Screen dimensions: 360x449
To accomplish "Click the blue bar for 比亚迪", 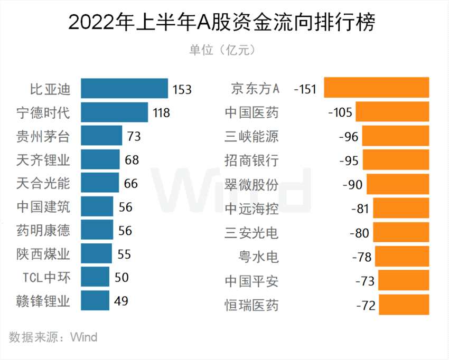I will tap(125, 88).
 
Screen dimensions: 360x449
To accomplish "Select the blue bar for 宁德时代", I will tap(115, 112).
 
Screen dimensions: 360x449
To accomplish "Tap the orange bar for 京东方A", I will tap(377, 88).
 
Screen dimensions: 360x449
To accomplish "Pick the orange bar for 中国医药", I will tap(392, 112).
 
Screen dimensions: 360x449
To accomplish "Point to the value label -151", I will tap(307, 89).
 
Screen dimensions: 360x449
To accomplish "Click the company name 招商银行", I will tap(251, 160).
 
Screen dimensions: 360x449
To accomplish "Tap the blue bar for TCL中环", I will tap(95, 277).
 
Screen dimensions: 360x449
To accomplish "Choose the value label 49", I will tap(121, 301).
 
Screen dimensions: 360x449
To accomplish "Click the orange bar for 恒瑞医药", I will tap(404, 305).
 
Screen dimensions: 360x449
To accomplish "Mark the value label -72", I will tap(365, 306).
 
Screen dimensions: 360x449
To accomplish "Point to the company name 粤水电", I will tap(258, 257).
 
